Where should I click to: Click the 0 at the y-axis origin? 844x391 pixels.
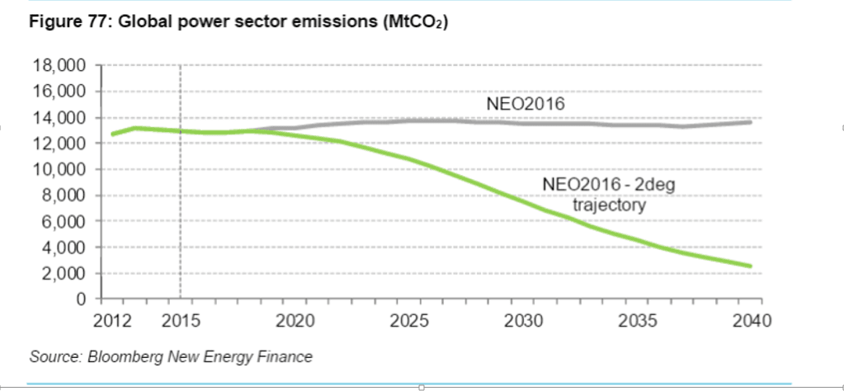click(x=82, y=299)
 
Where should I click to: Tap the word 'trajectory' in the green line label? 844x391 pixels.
click(x=609, y=205)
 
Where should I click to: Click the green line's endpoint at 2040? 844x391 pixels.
click(x=750, y=266)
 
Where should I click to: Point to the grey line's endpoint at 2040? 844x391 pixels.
click(x=750, y=122)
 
